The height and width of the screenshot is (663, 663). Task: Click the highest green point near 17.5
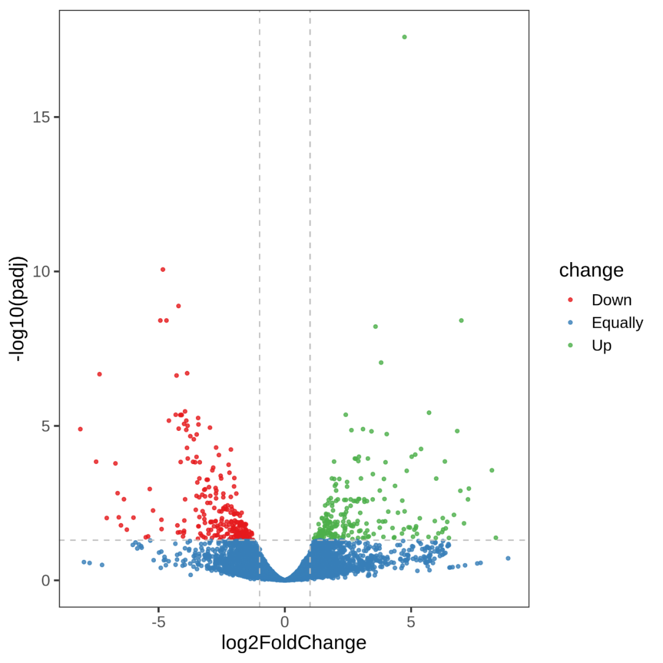click(x=404, y=37)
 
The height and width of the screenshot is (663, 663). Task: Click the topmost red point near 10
click(x=163, y=269)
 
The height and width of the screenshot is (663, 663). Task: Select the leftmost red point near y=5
click(x=80, y=429)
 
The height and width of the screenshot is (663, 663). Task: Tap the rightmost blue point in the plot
click(x=508, y=558)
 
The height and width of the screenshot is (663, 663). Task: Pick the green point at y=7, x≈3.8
click(x=381, y=363)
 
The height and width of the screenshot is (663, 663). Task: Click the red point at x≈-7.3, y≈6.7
click(x=99, y=374)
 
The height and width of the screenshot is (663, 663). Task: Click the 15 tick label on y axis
click(x=41, y=117)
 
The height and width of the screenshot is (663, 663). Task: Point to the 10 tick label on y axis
click(x=41, y=271)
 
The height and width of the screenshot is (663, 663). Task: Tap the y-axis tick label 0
click(x=45, y=580)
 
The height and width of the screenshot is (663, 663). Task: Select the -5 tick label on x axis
click(x=158, y=621)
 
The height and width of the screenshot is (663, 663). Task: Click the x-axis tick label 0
click(x=285, y=621)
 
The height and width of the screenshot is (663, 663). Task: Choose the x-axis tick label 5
click(x=411, y=621)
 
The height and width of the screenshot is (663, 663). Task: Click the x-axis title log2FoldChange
click(x=294, y=643)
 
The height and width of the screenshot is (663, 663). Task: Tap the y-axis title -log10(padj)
click(x=19, y=309)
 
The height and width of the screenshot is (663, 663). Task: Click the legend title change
click(x=591, y=270)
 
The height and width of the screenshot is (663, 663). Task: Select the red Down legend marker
click(x=570, y=300)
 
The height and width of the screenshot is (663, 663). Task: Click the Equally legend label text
click(x=617, y=323)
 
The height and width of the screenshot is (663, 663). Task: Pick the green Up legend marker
click(x=570, y=346)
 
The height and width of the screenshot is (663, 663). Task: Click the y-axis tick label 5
click(x=45, y=426)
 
